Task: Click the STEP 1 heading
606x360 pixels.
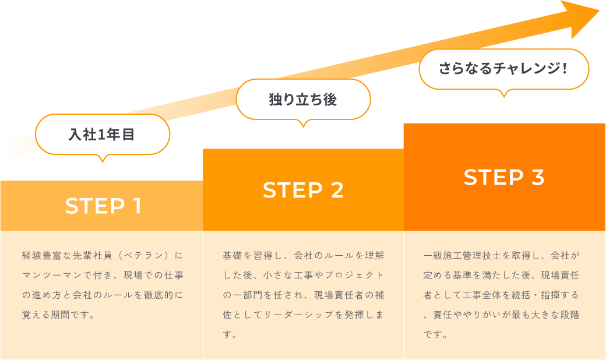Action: click(x=103, y=206)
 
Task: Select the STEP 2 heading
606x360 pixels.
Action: click(x=303, y=190)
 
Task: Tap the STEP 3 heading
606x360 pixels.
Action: click(x=504, y=178)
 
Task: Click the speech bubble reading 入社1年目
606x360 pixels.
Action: click(x=102, y=135)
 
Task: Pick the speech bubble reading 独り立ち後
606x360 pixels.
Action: click(x=302, y=100)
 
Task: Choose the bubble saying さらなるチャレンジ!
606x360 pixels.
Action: click(x=503, y=69)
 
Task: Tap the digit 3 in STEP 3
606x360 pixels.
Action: click(x=537, y=178)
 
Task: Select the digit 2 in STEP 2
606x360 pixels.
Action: click(x=336, y=190)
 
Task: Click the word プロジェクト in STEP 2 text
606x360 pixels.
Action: click(x=355, y=276)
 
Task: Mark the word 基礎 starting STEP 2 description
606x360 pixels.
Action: click(x=232, y=256)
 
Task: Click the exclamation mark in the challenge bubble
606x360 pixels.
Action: click(x=565, y=69)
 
